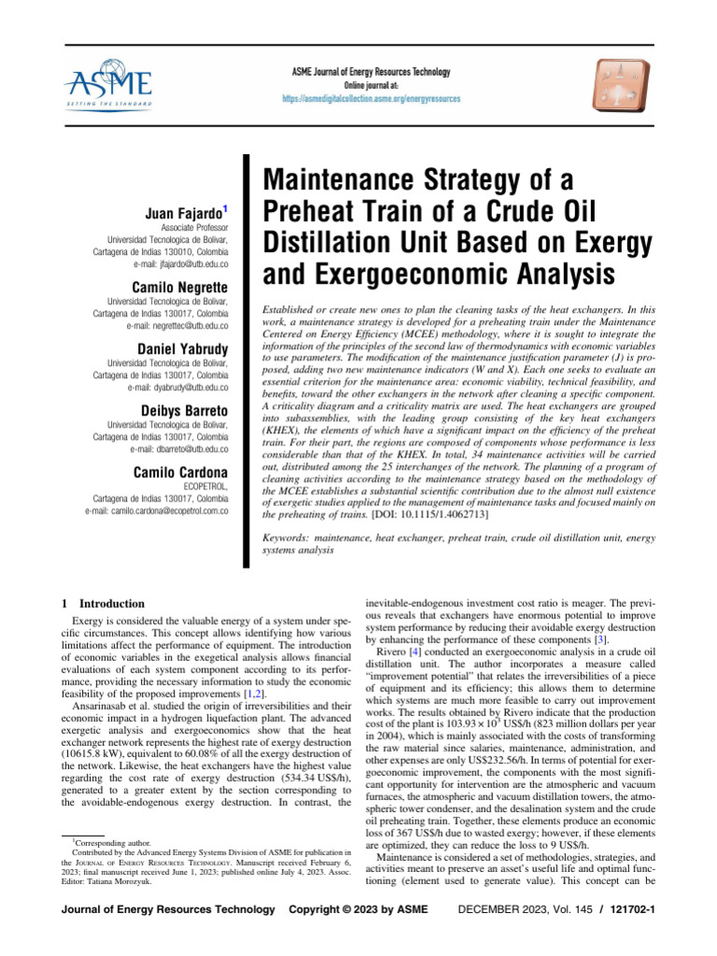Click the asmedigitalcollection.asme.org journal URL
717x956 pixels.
click(371, 98)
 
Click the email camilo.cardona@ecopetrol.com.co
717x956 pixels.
click(157, 511)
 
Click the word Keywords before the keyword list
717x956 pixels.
click(290, 539)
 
